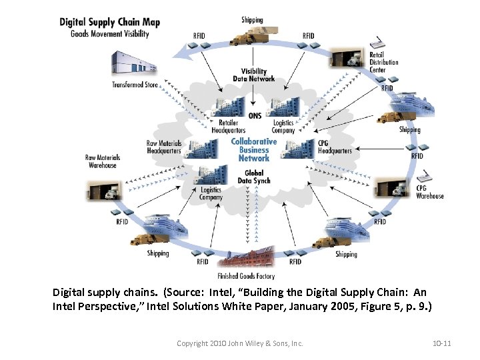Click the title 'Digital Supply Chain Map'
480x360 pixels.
(109, 22)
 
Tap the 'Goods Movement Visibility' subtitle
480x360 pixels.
(109, 34)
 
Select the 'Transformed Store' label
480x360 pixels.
(135, 85)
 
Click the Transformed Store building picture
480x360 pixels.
(135, 63)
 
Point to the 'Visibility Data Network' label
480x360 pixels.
(253, 75)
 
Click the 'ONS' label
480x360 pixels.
(255, 115)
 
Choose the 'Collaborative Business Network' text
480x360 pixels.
(253, 149)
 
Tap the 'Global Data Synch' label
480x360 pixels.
(253, 177)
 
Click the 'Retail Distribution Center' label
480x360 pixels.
(383, 62)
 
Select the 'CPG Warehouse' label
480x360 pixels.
(429, 192)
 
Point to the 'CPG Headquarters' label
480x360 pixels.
(334, 147)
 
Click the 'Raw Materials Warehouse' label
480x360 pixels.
(102, 161)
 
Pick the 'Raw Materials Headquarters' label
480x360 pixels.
(163, 147)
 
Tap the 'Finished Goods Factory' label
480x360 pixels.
(245, 276)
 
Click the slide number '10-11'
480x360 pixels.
(441, 343)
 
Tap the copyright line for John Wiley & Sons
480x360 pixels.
(239, 343)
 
